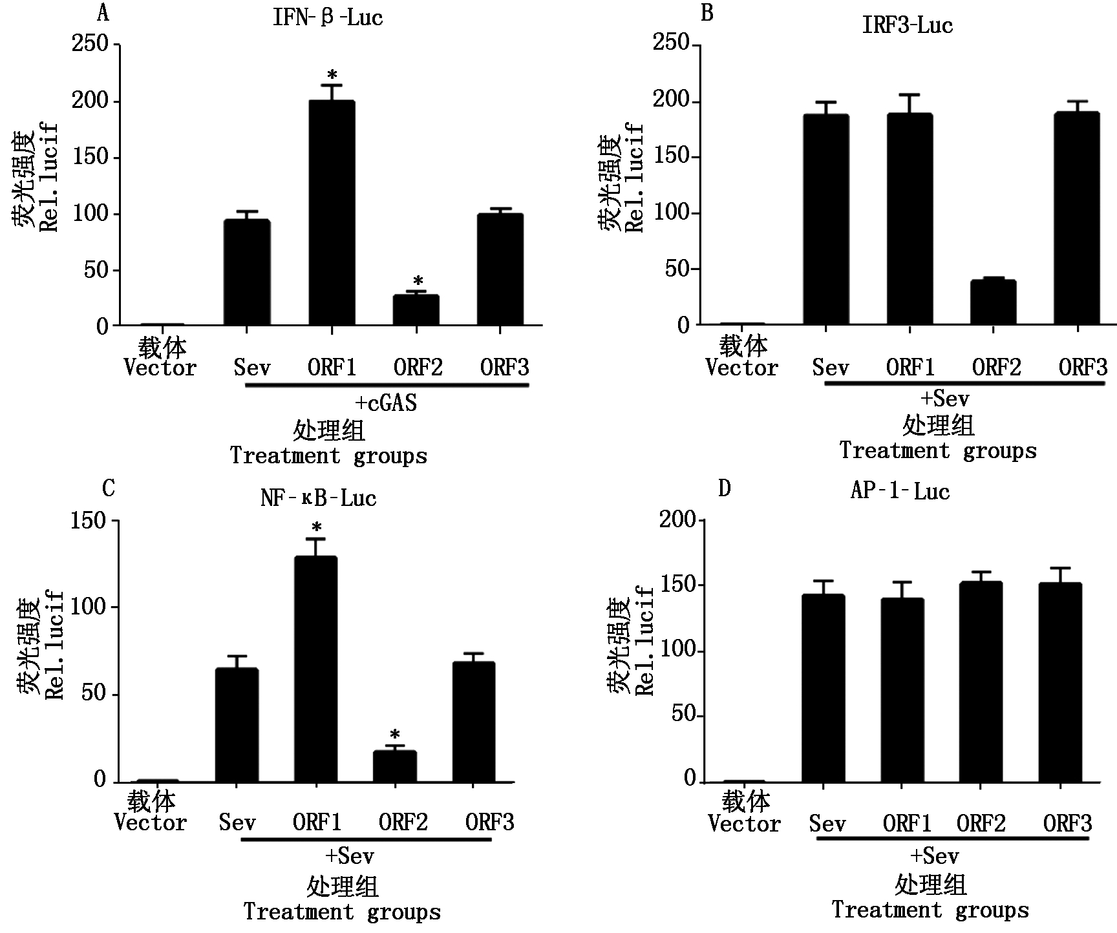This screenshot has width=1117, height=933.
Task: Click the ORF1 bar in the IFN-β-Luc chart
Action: (332, 213)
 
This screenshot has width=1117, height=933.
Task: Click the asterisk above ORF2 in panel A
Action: (418, 282)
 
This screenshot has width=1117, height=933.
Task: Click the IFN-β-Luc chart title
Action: (328, 17)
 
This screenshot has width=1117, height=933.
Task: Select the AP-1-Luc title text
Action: (900, 492)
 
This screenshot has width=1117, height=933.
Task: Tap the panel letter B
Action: (707, 13)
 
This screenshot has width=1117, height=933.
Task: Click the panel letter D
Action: (724, 488)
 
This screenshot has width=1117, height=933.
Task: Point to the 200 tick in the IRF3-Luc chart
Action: (672, 102)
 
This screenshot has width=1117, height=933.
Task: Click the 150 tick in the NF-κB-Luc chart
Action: (89, 521)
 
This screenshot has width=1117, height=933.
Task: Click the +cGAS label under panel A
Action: (387, 403)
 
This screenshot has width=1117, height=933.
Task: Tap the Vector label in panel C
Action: (151, 823)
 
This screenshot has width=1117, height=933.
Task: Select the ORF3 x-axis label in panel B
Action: (1083, 368)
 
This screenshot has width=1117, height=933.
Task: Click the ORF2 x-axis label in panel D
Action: (981, 824)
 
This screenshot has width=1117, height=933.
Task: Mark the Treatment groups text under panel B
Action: (938, 450)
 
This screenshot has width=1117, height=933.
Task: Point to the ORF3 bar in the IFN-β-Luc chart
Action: (500, 269)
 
